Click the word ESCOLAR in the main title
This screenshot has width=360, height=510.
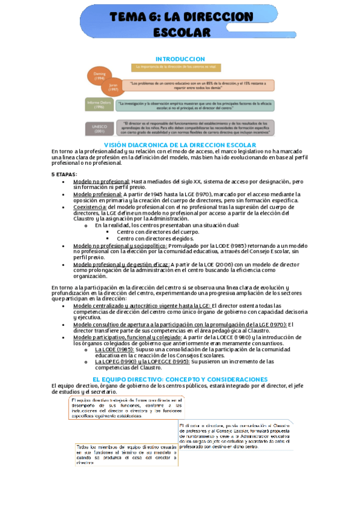click(180, 32)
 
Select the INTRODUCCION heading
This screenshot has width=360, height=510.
click(180, 58)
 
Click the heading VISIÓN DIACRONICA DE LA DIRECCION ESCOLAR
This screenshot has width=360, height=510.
click(180, 146)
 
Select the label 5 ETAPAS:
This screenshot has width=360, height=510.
click(64, 174)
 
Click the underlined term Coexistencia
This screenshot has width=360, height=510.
click(90, 206)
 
